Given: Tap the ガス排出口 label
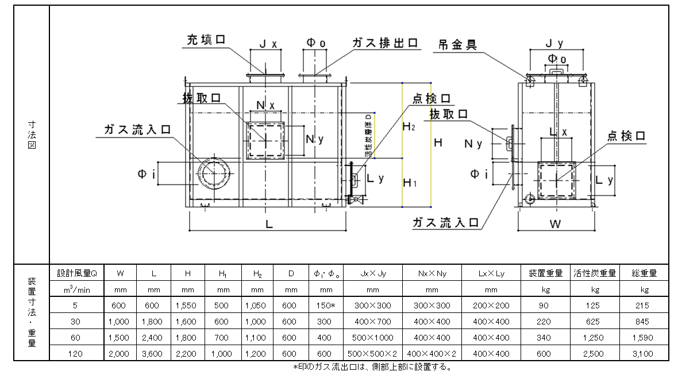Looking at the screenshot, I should (x=384, y=44).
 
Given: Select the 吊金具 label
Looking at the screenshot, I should (x=458, y=44).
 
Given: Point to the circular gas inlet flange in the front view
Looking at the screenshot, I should (x=213, y=173).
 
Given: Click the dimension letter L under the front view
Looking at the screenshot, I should (x=268, y=225).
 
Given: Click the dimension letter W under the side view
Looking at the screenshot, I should (x=554, y=224).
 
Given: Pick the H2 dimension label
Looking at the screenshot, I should (x=409, y=126).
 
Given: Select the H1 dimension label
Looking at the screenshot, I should (x=409, y=183).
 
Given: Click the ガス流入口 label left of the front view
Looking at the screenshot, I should (x=137, y=129).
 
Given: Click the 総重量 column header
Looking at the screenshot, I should (x=644, y=273).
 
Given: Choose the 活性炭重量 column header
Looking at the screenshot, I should (x=595, y=273).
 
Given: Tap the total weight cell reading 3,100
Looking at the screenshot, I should (x=644, y=354).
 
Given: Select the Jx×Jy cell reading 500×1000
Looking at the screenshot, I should (x=372, y=338).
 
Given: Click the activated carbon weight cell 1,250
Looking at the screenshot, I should (x=595, y=338).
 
